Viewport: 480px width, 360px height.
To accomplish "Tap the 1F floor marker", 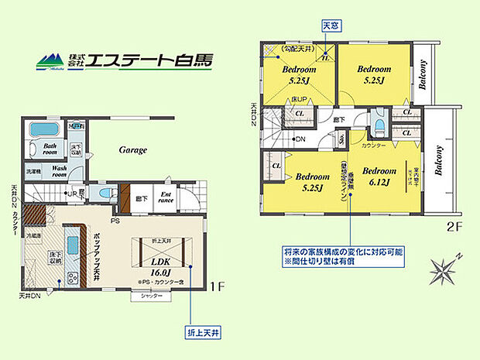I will pyautogui.click(x=218, y=286).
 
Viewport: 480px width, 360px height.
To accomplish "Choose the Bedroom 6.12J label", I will pyautogui.click(x=379, y=177).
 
